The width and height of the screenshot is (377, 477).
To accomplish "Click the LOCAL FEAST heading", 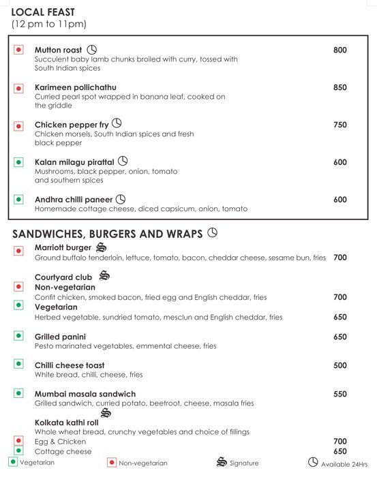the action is tap(44, 12).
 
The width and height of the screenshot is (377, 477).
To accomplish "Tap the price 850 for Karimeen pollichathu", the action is tap(340, 87).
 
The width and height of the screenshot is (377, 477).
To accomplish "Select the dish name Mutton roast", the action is tap(58, 50).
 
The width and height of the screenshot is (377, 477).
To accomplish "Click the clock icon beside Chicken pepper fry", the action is tap(117, 123).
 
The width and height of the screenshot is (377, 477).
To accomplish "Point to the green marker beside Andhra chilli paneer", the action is tap(19, 200).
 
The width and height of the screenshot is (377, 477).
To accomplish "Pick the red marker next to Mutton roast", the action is tap(19, 50).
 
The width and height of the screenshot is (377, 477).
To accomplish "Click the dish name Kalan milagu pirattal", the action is tap(74, 162).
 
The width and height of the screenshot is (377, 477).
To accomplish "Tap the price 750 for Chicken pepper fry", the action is tap(340, 125).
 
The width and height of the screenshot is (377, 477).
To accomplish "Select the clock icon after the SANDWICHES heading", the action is tap(212, 233).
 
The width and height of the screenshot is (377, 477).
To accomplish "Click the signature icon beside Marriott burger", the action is tap(101, 247).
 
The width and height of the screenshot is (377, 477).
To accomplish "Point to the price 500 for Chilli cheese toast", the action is tap(340, 365).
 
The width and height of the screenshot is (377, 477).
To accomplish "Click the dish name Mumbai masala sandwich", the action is tap(85, 394).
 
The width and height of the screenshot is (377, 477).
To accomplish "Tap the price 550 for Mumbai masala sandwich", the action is tap(340, 394).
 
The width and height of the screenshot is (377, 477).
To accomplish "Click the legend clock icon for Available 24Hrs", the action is tap(313, 462).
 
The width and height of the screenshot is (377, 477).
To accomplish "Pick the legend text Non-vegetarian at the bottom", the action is tap(142, 463).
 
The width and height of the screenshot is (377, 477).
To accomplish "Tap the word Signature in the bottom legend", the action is tap(244, 463).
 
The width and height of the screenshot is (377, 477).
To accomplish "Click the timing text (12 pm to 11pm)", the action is tap(49, 25).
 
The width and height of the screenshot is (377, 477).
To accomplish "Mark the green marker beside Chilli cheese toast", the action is tap(19, 365).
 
